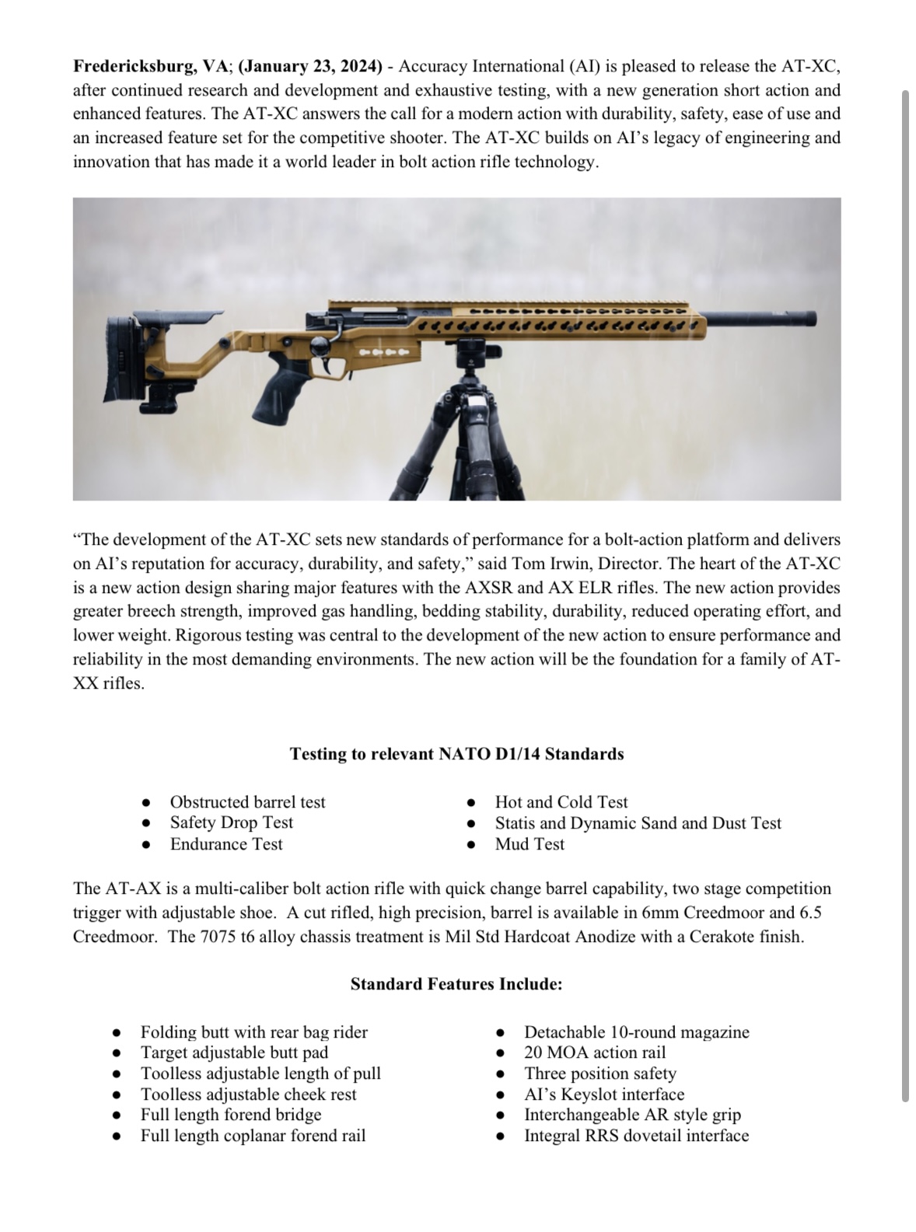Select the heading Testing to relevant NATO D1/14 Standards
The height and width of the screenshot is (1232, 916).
click(x=456, y=754)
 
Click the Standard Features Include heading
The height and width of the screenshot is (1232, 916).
click(x=456, y=984)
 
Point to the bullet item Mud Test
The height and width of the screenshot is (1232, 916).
click(x=530, y=844)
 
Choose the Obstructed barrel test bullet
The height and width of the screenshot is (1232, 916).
click(x=247, y=802)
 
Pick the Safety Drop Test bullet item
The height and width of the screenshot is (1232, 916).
click(x=232, y=822)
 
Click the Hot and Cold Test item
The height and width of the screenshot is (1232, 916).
click(x=561, y=802)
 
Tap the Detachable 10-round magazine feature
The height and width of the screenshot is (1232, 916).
click(x=636, y=1032)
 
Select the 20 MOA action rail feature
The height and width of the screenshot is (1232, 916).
click(x=595, y=1052)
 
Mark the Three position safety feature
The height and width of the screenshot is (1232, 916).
click(x=600, y=1073)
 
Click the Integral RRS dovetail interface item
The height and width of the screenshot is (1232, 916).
click(x=636, y=1136)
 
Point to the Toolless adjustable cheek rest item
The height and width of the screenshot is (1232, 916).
click(x=248, y=1094)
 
